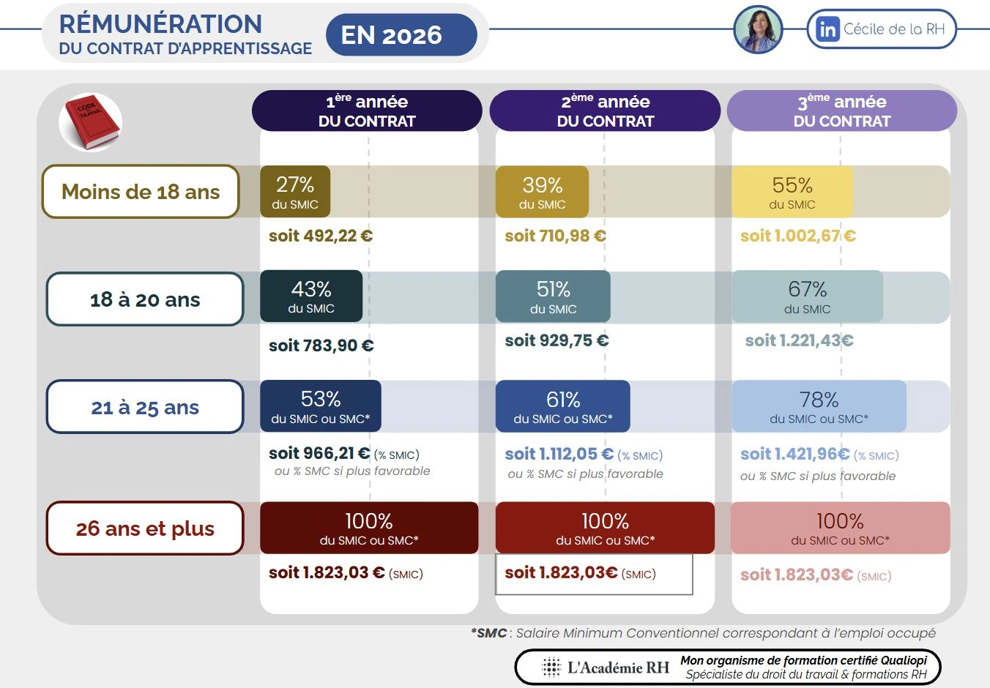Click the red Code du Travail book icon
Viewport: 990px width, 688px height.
[91, 122]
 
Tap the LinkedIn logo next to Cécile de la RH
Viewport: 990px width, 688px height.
[827, 29]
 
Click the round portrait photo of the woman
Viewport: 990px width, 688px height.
[759, 30]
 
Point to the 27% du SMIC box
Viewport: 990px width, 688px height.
[295, 192]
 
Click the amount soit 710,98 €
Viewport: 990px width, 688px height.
[555, 236]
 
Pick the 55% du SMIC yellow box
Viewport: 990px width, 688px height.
[792, 192]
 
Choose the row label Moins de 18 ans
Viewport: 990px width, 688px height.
[141, 192]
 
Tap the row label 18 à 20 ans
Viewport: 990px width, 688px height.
[145, 299]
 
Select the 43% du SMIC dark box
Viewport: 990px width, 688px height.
[311, 296]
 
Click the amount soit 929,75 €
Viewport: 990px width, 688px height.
[557, 340]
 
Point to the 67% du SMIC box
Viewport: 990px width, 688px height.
[807, 296]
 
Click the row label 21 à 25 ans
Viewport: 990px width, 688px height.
[145, 407]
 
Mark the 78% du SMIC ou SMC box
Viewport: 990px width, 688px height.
[819, 406]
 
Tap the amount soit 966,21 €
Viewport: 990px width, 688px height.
[319, 454]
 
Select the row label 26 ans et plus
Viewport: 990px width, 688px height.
[145, 528]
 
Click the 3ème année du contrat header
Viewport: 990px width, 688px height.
[842, 111]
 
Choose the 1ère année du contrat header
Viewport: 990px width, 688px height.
[367, 111]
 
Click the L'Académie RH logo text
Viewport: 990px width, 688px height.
[618, 668]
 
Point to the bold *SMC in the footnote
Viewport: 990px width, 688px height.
[489, 633]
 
